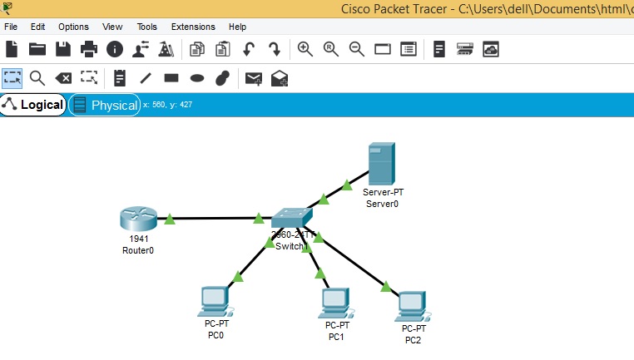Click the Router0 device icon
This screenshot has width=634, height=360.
pyautogui.click(x=138, y=219)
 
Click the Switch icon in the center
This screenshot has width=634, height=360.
pyautogui.click(x=291, y=217)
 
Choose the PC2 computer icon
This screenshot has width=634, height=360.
pyautogui.click(x=412, y=306)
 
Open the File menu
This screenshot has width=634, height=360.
pyautogui.click(x=11, y=27)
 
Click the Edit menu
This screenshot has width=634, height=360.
pyautogui.click(x=37, y=27)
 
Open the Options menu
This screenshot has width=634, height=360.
pyautogui.click(x=73, y=27)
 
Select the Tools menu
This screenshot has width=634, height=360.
pyautogui.click(x=146, y=27)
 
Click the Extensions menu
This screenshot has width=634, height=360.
pyautogui.click(x=192, y=27)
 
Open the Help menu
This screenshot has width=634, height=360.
pyautogui.click(x=237, y=27)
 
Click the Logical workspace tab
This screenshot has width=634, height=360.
pyautogui.click(x=33, y=105)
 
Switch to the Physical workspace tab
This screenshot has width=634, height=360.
pyautogui.click(x=104, y=106)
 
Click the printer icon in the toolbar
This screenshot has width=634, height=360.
pyautogui.click(x=89, y=49)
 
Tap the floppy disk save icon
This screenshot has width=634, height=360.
pyautogui.click(x=63, y=49)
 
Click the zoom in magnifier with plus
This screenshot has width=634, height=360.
pyautogui.click(x=305, y=49)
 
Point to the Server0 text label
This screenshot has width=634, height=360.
pyautogui.click(x=383, y=204)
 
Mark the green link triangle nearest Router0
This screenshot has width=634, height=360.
pyautogui.click(x=170, y=219)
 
